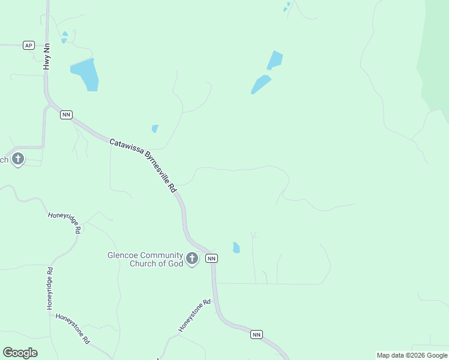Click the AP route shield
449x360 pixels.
(x=28, y=46)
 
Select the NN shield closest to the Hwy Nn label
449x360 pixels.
(x=66, y=115)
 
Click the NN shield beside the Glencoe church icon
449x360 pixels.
(x=211, y=258)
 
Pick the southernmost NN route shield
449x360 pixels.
(x=256, y=334)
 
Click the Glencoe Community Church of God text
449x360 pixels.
(x=145, y=259)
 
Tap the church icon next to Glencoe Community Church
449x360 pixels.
(x=191, y=259)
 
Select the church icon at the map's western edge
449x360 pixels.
(x=18, y=160)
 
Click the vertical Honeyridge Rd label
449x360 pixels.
(x=50, y=288)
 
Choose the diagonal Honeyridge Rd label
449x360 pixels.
(x=65, y=223)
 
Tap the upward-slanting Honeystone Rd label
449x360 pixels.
(x=194, y=316)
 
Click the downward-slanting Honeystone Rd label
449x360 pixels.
(x=73, y=328)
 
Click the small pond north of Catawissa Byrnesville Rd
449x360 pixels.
(x=155, y=128)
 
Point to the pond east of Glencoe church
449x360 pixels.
(x=236, y=248)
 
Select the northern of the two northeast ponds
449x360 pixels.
(x=275, y=60)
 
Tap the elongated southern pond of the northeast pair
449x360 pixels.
(x=261, y=85)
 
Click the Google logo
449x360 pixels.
(x=20, y=353)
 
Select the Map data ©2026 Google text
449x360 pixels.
(x=412, y=355)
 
